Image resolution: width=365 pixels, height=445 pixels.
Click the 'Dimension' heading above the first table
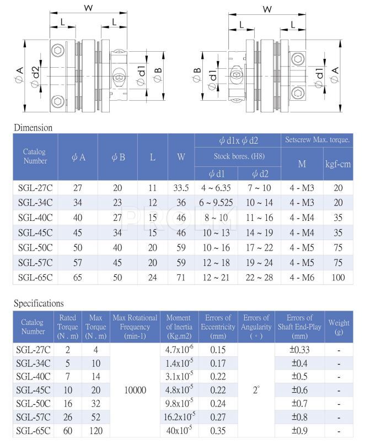point(33,128)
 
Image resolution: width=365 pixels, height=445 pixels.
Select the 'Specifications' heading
point(39,303)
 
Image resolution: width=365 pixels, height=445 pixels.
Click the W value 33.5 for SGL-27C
point(181,187)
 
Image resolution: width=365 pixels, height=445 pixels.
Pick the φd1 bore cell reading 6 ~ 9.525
point(216,202)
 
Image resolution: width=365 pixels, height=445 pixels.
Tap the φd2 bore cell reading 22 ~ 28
point(260,277)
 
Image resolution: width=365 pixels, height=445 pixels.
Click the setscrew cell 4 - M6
point(302,277)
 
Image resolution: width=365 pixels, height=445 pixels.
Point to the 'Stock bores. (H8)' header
point(238,156)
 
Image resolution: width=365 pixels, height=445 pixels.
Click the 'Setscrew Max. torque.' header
point(318,140)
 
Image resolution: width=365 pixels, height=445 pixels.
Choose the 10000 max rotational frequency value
point(135,390)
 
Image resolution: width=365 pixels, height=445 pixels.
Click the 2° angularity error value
point(256,390)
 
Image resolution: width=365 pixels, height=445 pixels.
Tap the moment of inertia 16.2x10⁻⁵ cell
point(179,417)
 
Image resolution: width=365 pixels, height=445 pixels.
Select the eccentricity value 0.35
point(218,431)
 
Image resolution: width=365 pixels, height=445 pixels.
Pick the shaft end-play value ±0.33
point(299,349)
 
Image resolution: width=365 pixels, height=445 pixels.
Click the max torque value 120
point(95,431)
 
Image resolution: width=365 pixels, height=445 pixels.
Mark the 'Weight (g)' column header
point(339,327)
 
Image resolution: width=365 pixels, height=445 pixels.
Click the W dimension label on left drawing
point(87,8)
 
